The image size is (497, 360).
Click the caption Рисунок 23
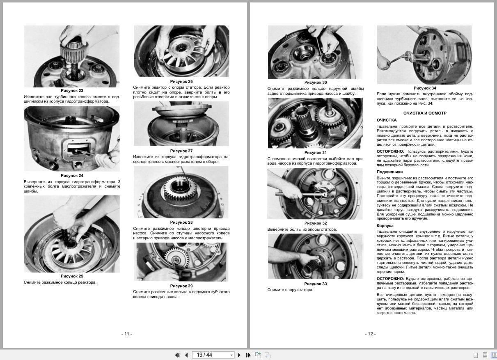pyautogui.click(x=72, y=90)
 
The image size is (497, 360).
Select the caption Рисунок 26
pyautogui.click(x=181, y=82)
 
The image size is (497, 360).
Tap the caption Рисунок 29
pyautogui.click(x=181, y=286)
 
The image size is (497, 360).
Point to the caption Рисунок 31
pyautogui.click(x=316, y=153)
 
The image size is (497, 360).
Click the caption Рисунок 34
pyautogui.click(x=425, y=88)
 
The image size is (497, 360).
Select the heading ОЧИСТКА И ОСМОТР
pyautogui.click(x=425, y=113)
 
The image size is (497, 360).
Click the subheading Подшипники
pyautogui.click(x=389, y=172)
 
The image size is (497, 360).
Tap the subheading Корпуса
pyautogui.click(x=385, y=226)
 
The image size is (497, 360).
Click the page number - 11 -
pyautogui.click(x=127, y=334)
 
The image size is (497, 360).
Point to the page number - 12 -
pyautogui.click(x=370, y=334)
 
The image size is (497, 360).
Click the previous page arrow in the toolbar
pyautogui.click(x=186, y=355)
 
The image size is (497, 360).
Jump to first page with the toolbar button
pyautogui.click(x=177, y=355)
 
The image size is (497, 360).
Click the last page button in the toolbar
pyautogui.click(x=248, y=355)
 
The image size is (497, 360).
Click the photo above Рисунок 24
pyautogui.click(x=72, y=139)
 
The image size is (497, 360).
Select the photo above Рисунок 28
pyautogui.click(x=181, y=192)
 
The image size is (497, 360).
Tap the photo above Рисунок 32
pyautogui.click(x=315, y=194)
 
